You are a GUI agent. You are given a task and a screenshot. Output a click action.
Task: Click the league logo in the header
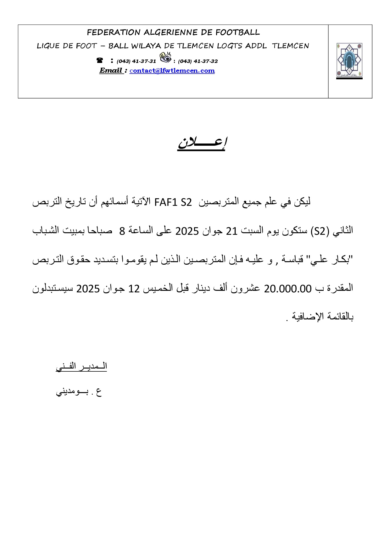coord(349,61)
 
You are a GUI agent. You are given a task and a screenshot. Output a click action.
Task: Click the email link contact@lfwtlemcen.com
coord(172,71)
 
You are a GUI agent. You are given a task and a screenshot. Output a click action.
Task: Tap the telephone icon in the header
coord(100,60)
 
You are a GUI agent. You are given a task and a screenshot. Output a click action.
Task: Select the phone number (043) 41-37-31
coord(136,61)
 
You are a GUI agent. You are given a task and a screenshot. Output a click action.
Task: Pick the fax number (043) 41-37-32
coord(198,61)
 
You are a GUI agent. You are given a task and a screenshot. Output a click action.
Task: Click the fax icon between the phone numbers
coord(165,57)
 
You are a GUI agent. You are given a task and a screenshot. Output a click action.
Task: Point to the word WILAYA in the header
coord(147,46)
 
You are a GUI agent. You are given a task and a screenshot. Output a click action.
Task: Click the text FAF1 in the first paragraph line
coord(166,202)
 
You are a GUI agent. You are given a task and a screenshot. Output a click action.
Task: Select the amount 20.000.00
coord(287,289)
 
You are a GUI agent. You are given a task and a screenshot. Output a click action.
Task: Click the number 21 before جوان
coord(231,231)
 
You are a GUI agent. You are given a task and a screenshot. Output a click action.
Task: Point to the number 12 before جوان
coord(134,289)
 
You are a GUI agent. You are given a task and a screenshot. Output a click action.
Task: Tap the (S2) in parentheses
coord(320,231)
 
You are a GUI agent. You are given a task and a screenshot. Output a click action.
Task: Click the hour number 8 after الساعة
coord(122,231)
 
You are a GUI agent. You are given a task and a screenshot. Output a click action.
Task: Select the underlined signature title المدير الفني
coord(81,366)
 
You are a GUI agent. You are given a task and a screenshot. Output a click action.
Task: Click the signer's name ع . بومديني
coord(79,392)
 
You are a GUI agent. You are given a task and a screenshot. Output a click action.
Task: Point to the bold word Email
coord(111,70)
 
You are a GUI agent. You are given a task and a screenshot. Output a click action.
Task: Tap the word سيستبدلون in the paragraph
coord(53,289)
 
